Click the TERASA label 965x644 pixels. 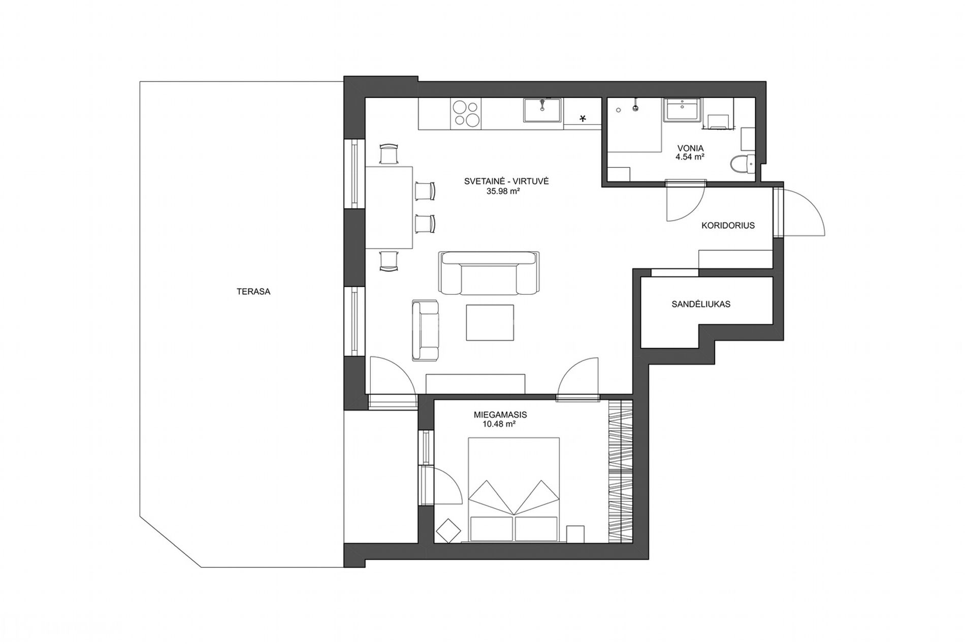pyautogui.click(x=253, y=292)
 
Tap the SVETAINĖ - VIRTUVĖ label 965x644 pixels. pyautogui.click(x=506, y=181)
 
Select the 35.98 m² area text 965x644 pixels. pyautogui.click(x=503, y=192)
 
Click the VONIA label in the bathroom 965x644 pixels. pyautogui.click(x=690, y=148)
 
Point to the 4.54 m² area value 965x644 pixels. pyautogui.click(x=689, y=157)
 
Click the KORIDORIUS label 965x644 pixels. pyautogui.click(x=728, y=225)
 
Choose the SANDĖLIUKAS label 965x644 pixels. pyautogui.click(x=701, y=304)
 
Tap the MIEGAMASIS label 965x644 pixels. pyautogui.click(x=500, y=415)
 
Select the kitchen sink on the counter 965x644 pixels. pyautogui.click(x=542, y=111)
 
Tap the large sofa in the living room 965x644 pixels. pyautogui.click(x=489, y=273)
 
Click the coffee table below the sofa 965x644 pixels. pyautogui.click(x=490, y=322)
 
